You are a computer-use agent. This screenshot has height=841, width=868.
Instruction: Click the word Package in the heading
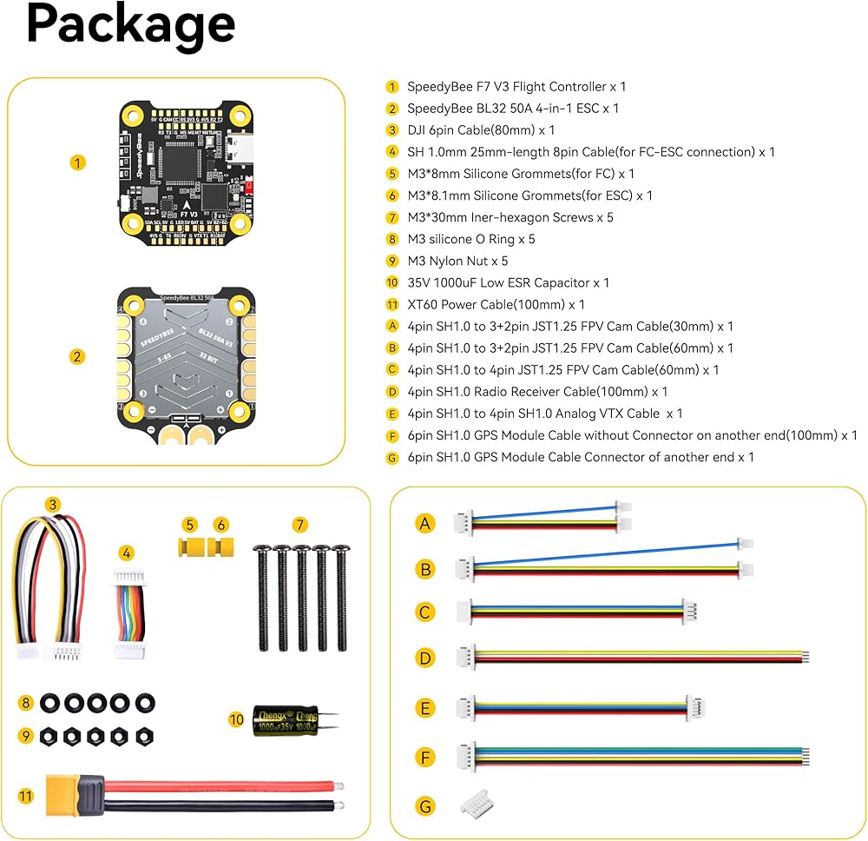(130, 24)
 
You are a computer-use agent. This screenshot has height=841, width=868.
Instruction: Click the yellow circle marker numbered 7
(299, 524)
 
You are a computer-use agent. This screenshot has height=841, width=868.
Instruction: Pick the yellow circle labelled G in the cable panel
(424, 807)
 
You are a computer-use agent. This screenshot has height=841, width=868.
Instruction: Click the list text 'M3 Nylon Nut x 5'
(457, 261)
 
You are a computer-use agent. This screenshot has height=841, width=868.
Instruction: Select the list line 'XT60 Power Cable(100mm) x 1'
(496, 304)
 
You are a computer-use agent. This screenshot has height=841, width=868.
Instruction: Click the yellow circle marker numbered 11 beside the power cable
(26, 795)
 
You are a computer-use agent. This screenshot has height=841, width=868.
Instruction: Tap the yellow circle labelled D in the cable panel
(424, 658)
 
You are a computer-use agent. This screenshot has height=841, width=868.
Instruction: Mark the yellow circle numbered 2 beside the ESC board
(78, 356)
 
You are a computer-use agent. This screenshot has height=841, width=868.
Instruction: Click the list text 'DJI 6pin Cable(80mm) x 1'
(481, 130)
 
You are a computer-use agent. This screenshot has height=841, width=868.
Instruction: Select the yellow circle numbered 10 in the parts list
(392, 282)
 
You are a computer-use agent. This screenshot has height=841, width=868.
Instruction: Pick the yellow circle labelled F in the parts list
(392, 435)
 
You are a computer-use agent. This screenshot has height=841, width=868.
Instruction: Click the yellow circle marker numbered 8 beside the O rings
(26, 702)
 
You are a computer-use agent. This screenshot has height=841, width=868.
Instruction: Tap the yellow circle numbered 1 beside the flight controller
(78, 162)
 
